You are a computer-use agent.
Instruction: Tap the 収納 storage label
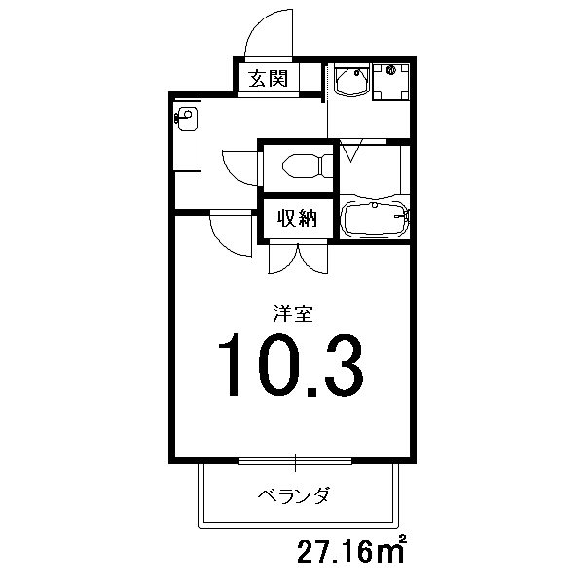pyautogui.click(x=292, y=219)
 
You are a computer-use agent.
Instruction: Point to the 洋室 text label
pyautogui.click(x=292, y=313)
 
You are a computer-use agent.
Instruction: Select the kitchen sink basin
pyautogui.click(x=188, y=120)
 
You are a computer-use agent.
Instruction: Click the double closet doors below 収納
pyautogui.click(x=297, y=256)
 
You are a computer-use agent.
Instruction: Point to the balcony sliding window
pyautogui.click(x=294, y=458)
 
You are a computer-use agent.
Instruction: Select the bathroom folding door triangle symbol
pyautogui.click(x=350, y=152)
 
